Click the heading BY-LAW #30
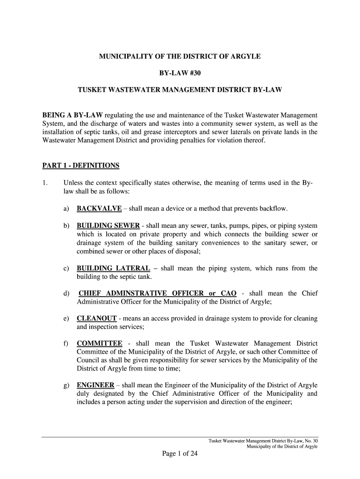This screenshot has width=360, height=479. pyautogui.click(x=180, y=73)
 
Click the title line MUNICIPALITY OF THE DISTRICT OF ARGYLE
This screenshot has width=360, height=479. pyautogui.click(x=180, y=57)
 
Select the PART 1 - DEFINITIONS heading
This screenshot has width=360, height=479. pyautogui.click(x=81, y=166)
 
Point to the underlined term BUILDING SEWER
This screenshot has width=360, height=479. pyautogui.click(x=108, y=225)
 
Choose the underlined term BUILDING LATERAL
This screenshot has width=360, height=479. pyautogui.click(x=113, y=268)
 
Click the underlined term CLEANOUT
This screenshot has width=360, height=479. pyautogui.click(x=96, y=319)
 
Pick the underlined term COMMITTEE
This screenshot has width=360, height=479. pyautogui.click(x=99, y=344)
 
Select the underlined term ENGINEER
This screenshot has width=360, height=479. pyautogui.click(x=95, y=385)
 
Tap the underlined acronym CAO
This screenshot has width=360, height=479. pyautogui.click(x=228, y=293)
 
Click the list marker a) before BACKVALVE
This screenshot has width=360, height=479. pyautogui.click(x=66, y=208)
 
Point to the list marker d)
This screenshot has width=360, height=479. pyautogui.click(x=66, y=293)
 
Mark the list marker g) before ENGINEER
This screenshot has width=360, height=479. pyautogui.click(x=66, y=385)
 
